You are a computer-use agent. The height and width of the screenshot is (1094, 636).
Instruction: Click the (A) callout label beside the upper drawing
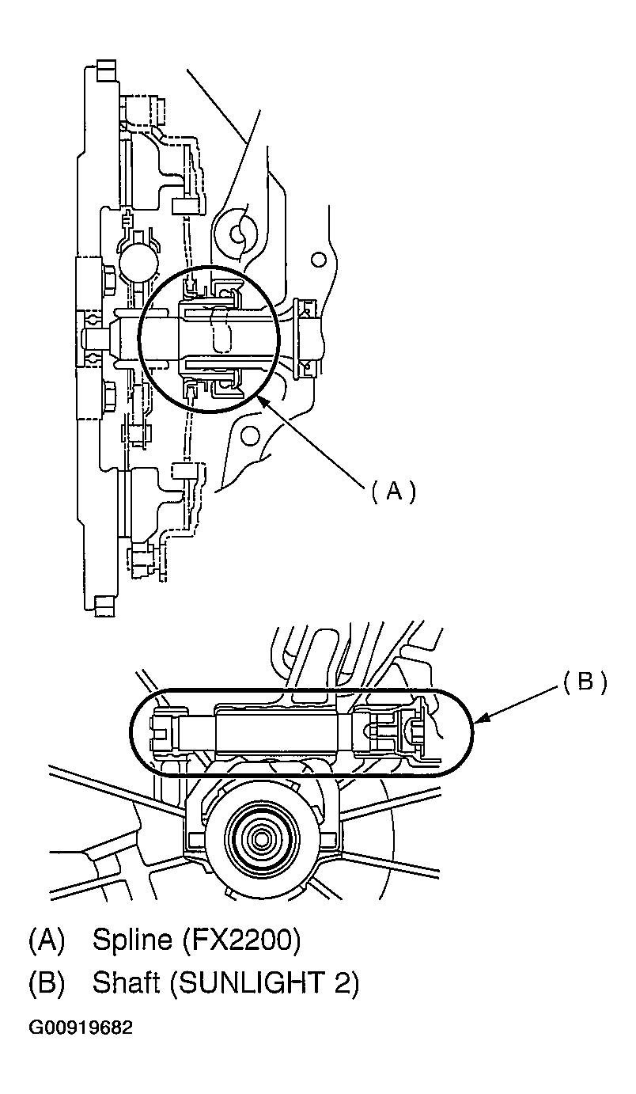point(393,491)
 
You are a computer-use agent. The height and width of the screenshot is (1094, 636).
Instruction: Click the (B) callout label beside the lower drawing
point(585,682)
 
